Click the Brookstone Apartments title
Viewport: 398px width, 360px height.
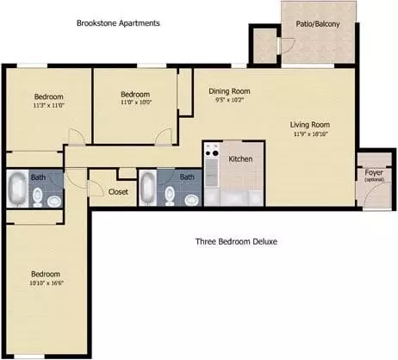click(118, 23)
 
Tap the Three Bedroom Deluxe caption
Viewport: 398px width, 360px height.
click(236, 241)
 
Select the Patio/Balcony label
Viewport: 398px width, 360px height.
click(318, 24)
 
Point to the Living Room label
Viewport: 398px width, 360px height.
click(310, 125)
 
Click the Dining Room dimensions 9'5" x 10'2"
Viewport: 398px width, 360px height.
click(229, 100)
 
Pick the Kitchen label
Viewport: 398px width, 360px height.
click(240, 158)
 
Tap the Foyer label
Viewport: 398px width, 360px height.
click(374, 172)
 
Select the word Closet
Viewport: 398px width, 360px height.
click(118, 191)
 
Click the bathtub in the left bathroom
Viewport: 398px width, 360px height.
click(17, 189)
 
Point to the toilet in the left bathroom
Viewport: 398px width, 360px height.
click(38, 197)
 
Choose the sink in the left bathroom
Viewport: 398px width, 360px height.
click(54, 202)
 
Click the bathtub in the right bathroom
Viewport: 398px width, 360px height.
click(148, 188)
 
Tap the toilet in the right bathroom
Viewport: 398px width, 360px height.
click(170, 196)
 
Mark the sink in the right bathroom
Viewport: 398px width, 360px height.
click(191, 200)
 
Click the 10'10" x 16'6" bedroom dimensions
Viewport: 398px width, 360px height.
click(47, 283)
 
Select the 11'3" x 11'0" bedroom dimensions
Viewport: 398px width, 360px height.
click(48, 105)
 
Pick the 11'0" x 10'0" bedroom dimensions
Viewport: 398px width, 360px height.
click(136, 102)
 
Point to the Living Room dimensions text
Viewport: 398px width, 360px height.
click(310, 133)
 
